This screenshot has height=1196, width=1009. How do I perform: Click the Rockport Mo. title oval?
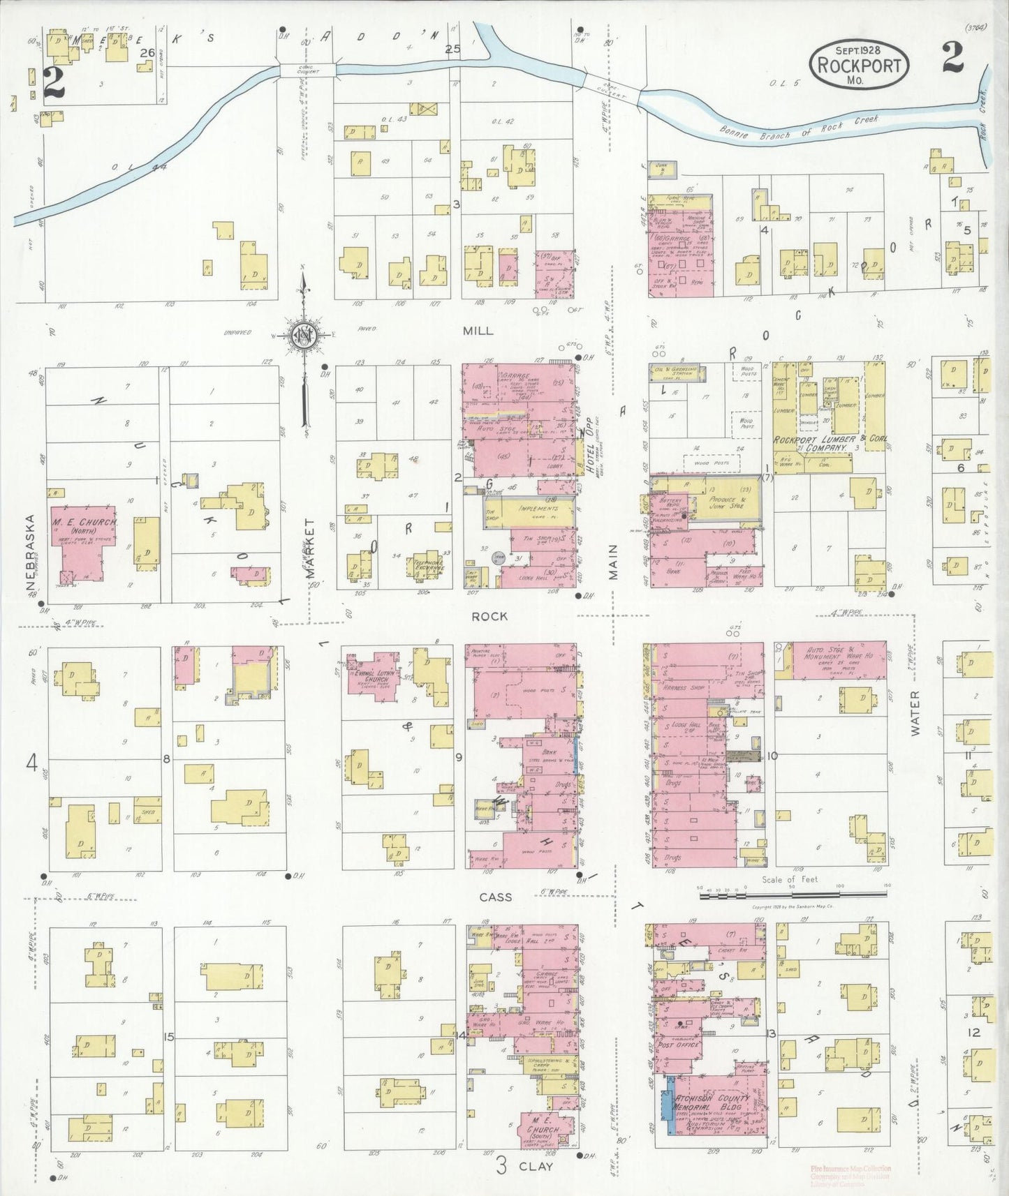tap(858, 62)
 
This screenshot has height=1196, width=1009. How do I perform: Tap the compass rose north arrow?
tap(305, 335)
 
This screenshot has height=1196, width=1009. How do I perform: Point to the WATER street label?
tap(915, 712)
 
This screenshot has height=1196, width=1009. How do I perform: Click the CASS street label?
tap(496, 897)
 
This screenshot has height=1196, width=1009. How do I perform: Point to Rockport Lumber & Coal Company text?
tap(824, 444)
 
